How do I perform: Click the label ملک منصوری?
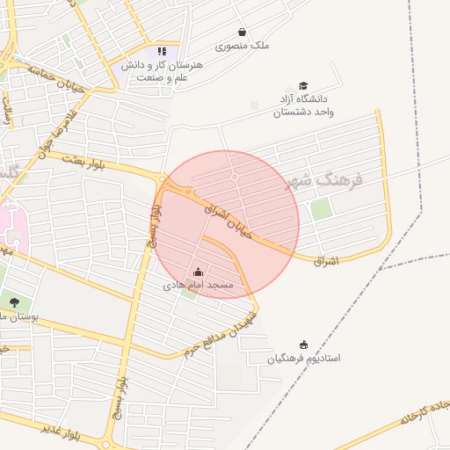pyautogui.click(x=248, y=46)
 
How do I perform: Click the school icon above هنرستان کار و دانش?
pyautogui.click(x=162, y=51)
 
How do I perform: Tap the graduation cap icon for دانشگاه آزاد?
pyautogui.click(x=304, y=86)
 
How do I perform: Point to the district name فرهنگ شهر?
pyautogui.click(x=325, y=180)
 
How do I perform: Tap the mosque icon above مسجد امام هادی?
pyautogui.click(x=198, y=272)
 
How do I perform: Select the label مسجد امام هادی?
pyautogui.click(x=198, y=287)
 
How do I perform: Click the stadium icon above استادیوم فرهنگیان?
pyautogui.click(x=304, y=344)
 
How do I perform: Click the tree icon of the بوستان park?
pyautogui.click(x=14, y=303)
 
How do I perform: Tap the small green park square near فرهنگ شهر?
pyautogui.click(x=322, y=209)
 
